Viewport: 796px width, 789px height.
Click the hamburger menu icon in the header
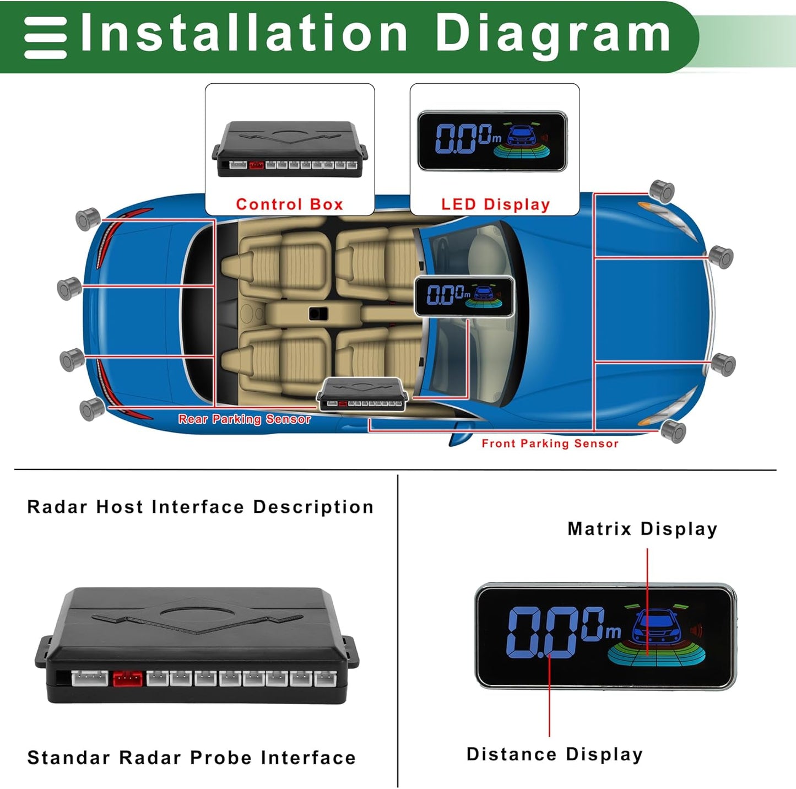(46, 37)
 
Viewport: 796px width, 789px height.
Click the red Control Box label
(289, 204)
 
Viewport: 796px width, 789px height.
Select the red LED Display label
(495, 204)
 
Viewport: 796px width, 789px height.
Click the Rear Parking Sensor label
(245, 419)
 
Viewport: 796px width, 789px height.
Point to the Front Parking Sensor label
(550, 444)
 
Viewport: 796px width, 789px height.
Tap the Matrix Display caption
(642, 529)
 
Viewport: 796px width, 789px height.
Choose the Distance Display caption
(555, 754)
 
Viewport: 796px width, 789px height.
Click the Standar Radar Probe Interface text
(192, 758)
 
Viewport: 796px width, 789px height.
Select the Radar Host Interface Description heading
(201, 507)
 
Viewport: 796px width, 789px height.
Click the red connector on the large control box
(127, 678)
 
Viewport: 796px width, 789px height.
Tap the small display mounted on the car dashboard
(464, 296)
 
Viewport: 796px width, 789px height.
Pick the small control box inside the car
(362, 394)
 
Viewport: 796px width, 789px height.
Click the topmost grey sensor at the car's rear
(88, 219)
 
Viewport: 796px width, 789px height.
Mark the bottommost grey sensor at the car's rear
(92, 409)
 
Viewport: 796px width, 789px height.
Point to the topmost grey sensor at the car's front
(662, 191)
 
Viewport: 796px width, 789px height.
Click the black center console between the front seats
(318, 314)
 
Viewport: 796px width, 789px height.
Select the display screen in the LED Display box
(492, 140)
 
